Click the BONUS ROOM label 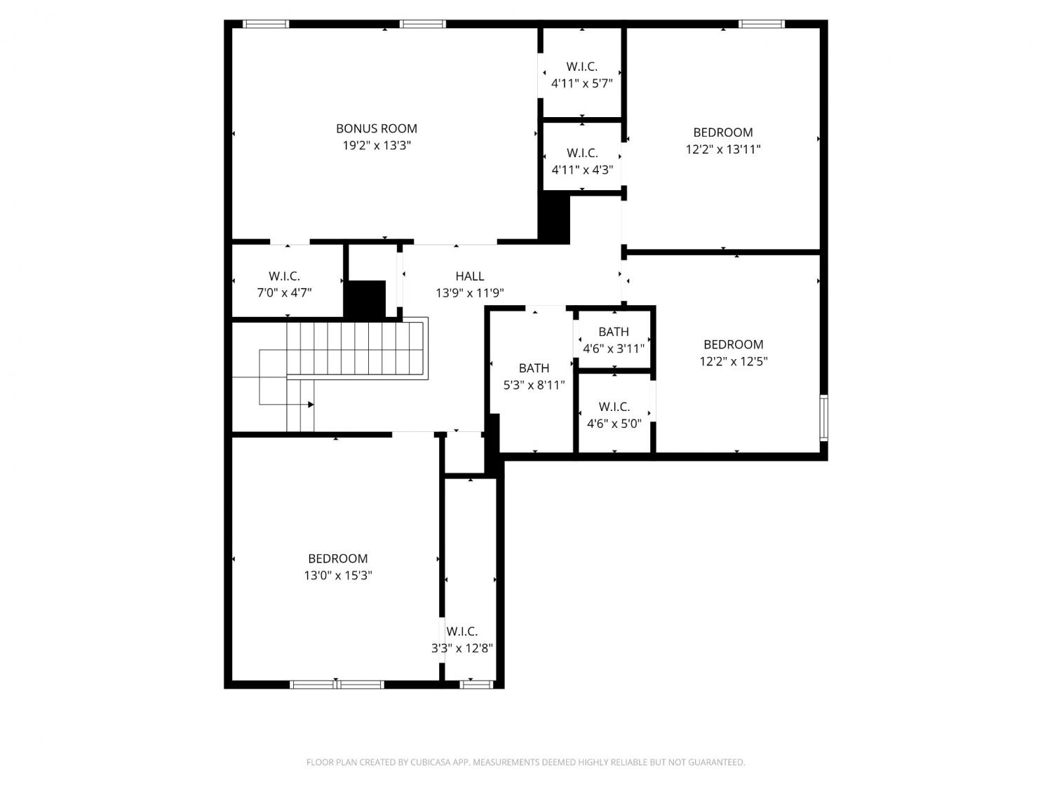tap(376, 128)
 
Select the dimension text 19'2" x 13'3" tap(377, 145)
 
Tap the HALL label tap(469, 276)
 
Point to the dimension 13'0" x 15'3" tap(338, 575)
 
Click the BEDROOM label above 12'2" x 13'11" tap(723, 133)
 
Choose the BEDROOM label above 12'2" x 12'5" tap(734, 344)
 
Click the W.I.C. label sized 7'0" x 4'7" tap(284, 276)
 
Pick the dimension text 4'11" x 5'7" tap(582, 83)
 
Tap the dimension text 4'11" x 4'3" tap(582, 170)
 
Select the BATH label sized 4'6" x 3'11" tap(614, 332)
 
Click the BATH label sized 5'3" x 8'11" tap(534, 368)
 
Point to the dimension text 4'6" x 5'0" tap(614, 424)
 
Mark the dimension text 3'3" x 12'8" tap(462, 648)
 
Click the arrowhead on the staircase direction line tap(311, 405)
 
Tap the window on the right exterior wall tap(823, 417)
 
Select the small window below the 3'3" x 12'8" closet tap(476, 685)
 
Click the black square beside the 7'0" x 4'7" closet tap(365, 299)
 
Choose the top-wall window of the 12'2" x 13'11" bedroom tap(761, 24)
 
